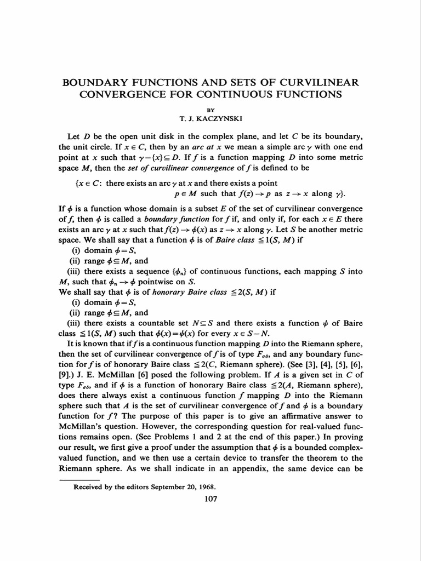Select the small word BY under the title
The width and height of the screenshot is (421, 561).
click(x=210, y=110)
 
